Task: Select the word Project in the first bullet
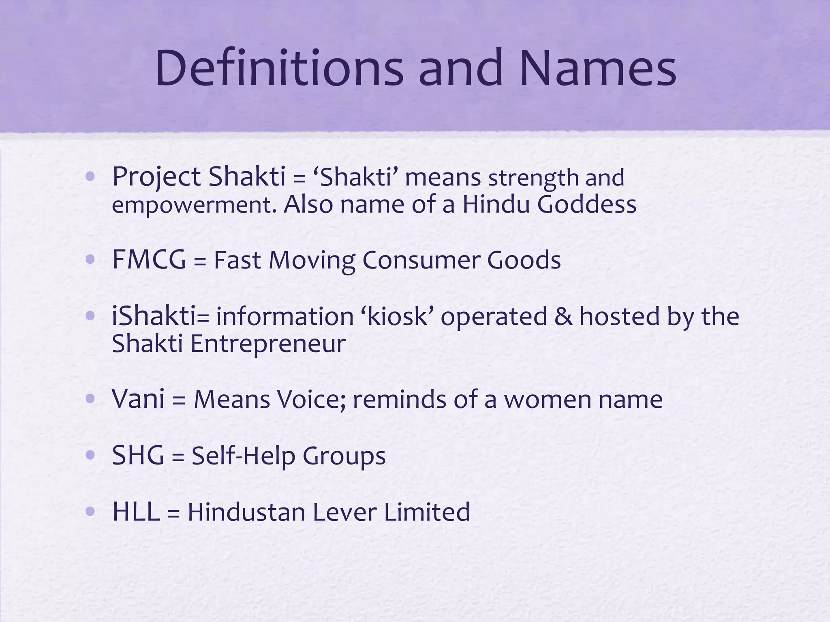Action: coord(156,177)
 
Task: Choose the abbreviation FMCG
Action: coord(149,260)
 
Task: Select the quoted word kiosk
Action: coord(398,316)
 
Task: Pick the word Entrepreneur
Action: coord(268,344)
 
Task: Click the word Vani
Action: coord(138,399)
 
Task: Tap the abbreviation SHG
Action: coord(138,456)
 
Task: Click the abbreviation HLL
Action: coord(136,512)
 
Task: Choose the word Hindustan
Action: coord(246,512)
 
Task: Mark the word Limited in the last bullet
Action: coord(426,512)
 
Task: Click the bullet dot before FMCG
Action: coord(90,259)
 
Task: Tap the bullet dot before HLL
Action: coord(90,511)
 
